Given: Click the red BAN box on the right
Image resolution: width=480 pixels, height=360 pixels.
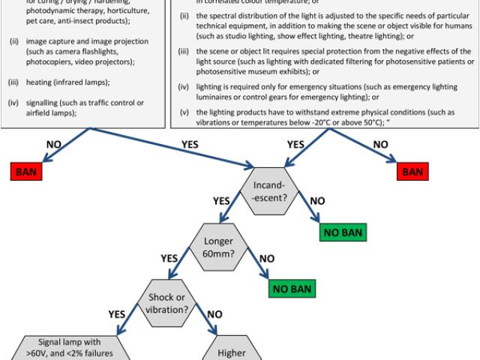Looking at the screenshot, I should click(x=412, y=171).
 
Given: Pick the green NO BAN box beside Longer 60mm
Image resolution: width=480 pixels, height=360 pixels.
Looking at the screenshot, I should click(x=292, y=287).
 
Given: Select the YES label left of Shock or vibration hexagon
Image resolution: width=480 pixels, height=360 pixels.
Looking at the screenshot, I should click(x=118, y=314).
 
